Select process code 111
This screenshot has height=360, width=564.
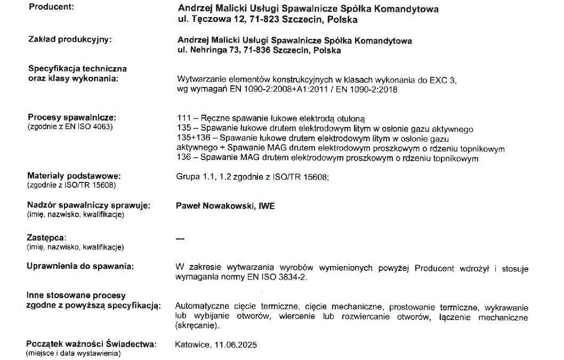(182, 118)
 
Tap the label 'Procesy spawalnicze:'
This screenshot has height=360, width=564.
(71, 117)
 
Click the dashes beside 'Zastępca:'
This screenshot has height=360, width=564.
(180, 238)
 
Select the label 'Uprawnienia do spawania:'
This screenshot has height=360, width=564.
(80, 266)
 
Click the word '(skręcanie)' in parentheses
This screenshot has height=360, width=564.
(195, 326)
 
